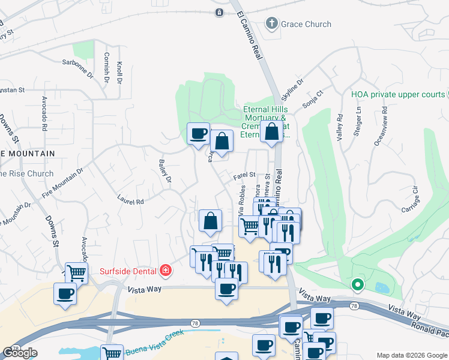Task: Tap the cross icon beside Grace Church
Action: coord(271,24)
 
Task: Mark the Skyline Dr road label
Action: coord(292,90)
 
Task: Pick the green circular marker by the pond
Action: coord(357,285)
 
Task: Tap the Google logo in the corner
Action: coord(20,353)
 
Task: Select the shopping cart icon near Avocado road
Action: coord(77,274)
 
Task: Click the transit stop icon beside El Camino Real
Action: coord(220,12)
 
